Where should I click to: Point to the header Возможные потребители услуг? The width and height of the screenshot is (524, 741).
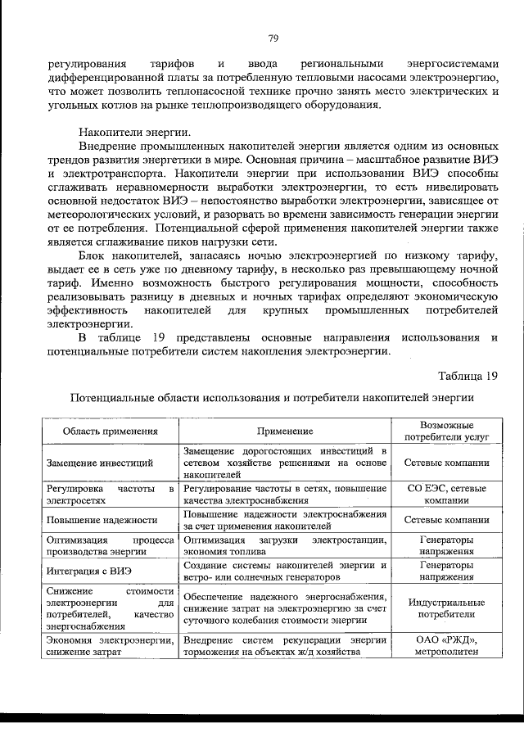tap(446, 431)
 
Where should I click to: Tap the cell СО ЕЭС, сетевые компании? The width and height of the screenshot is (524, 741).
tap(446, 494)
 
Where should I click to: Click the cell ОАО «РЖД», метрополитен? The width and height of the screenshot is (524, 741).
tap(446, 645)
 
